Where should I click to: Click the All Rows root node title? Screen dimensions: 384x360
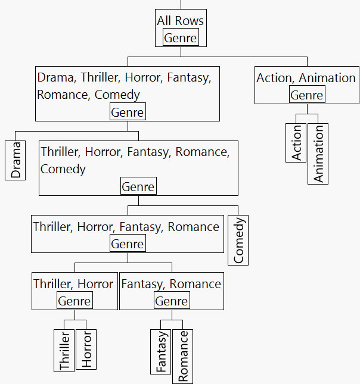[180, 21]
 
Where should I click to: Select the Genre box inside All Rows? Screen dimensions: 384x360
[180, 38]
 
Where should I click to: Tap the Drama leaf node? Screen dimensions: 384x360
[15, 160]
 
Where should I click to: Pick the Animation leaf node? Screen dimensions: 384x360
[318, 154]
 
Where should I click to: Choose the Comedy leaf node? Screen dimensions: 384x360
[238, 241]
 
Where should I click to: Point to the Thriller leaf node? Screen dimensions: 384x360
[64, 350]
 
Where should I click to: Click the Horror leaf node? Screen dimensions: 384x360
[86, 349]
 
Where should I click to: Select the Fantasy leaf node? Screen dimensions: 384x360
[161, 351]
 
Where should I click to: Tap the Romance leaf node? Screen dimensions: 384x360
[183, 356]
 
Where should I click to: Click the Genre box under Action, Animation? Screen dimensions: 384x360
[307, 95]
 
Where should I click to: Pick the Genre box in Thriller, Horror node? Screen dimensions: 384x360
[75, 301]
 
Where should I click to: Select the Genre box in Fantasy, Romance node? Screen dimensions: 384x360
[172, 301]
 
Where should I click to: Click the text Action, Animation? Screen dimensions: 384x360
[306, 78]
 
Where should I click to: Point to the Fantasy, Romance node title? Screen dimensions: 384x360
[171, 284]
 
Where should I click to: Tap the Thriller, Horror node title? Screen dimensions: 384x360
[73, 284]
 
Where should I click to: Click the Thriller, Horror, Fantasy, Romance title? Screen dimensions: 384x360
[126, 227]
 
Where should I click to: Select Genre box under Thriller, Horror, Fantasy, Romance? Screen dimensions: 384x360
[128, 244]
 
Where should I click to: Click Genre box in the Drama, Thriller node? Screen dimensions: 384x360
[128, 112]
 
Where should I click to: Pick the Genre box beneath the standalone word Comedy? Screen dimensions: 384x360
[138, 187]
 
